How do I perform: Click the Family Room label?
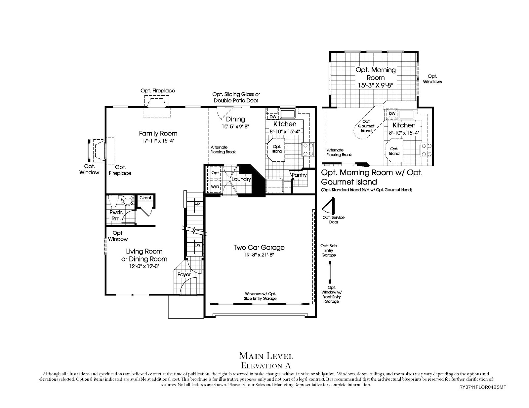click(x=158, y=133)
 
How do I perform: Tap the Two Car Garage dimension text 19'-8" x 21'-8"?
click(x=259, y=255)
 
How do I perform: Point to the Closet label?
click(x=145, y=198)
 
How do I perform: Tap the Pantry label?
click(x=299, y=175)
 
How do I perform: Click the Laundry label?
click(x=241, y=179)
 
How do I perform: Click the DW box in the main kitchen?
click(x=273, y=117)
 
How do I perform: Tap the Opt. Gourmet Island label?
click(x=366, y=126)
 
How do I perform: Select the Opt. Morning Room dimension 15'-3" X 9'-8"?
click(x=375, y=85)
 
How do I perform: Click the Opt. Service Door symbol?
click(x=329, y=206)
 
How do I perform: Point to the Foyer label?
click(x=184, y=275)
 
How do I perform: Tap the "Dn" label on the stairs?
click(x=197, y=245)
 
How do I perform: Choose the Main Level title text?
click(x=266, y=356)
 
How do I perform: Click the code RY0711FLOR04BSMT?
click(x=483, y=387)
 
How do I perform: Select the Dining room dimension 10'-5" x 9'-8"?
click(x=235, y=127)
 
